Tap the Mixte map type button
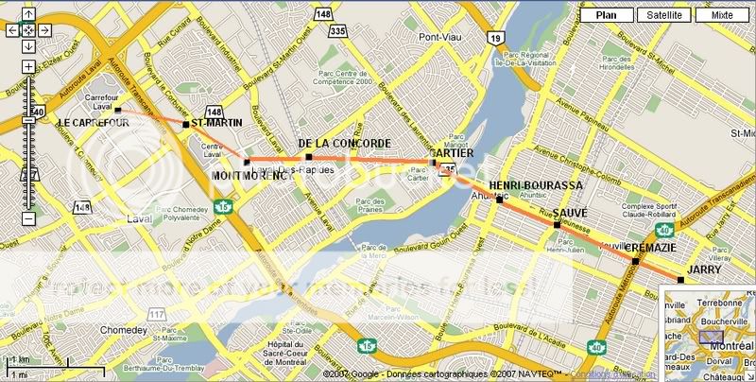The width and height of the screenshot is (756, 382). pyautogui.click(x=722, y=15)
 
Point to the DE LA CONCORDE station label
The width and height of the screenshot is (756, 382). pyautogui.click(x=344, y=144)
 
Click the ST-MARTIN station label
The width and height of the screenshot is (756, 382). pyautogui.click(x=217, y=123)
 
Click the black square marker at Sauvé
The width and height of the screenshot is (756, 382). pyautogui.click(x=557, y=225)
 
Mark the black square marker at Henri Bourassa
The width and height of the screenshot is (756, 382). pyautogui.click(x=499, y=200)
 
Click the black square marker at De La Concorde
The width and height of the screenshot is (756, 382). pyautogui.click(x=308, y=156)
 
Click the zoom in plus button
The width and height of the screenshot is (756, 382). pyautogui.click(x=28, y=67)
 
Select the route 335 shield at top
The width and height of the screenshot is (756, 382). pyautogui.click(x=337, y=32)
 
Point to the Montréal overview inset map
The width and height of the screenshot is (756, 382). pyautogui.click(x=709, y=336)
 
